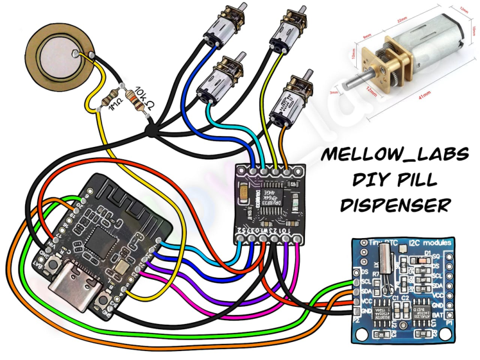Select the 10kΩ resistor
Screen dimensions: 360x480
[x=137, y=100]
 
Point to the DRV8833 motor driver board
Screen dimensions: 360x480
[x=270, y=202]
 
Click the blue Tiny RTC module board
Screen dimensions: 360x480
[x=404, y=288]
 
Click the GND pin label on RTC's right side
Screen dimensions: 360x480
[x=440, y=305]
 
